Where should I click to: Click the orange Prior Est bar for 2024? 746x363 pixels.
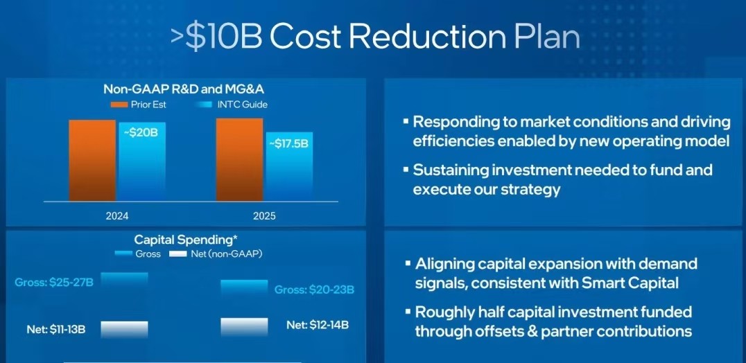(92, 161)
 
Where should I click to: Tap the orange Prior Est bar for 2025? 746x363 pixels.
(239, 159)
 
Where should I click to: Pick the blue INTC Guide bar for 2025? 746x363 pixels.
(289, 167)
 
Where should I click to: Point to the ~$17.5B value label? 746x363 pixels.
(288, 143)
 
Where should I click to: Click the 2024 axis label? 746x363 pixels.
(117, 216)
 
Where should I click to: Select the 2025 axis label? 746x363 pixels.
(264, 216)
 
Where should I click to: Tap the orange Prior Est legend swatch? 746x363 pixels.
(119, 105)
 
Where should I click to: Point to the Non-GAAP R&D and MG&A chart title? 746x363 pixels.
(184, 89)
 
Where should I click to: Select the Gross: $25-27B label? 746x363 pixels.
(54, 283)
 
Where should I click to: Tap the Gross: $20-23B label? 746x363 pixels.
(315, 290)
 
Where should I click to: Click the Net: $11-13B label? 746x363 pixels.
(56, 329)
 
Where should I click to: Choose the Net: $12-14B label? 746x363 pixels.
(318, 325)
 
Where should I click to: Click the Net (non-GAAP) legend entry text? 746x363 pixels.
(227, 254)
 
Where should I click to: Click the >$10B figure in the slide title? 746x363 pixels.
(217, 37)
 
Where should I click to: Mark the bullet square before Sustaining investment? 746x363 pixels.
(406, 168)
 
